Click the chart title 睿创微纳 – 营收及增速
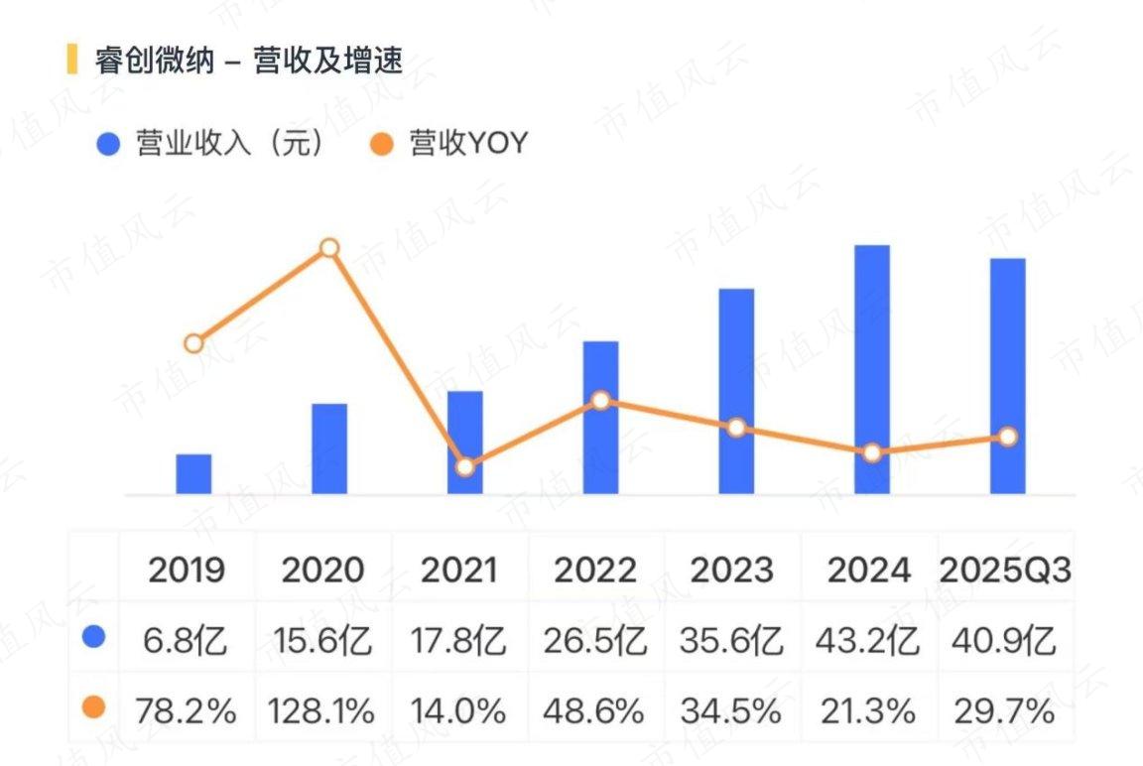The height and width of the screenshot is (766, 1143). pos(249,61)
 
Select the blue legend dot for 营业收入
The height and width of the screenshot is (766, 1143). pos(108,145)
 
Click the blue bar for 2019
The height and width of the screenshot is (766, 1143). pos(193,474)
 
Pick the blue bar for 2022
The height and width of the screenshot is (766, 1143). pos(600,417)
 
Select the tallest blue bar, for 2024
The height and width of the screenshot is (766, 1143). pos(871,369)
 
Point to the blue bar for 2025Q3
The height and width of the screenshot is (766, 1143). pos(1007,375)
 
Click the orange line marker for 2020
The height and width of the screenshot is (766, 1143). pos(329,248)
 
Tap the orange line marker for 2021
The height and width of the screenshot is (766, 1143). pos(465,466)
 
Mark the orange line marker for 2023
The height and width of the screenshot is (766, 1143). pos(736,428)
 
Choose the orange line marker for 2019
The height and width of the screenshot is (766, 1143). pos(193,343)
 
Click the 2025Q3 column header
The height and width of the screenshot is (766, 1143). pos(1005,571)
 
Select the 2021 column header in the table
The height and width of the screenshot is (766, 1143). pos(458,571)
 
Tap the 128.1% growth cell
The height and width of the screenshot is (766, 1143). pos(322,710)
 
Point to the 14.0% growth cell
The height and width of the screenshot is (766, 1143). pos(458,710)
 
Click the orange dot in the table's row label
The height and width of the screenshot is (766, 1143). pos(93,707)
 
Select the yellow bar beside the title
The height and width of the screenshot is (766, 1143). pos(71,60)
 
